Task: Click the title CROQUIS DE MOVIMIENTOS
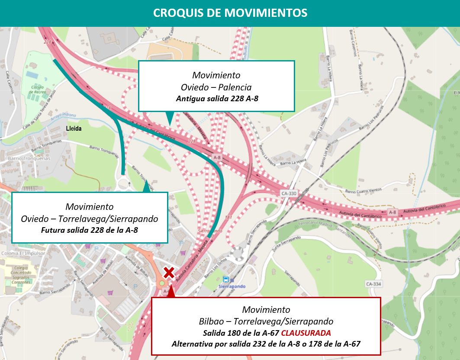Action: pos(230,13)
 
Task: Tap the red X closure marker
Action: pos(169,273)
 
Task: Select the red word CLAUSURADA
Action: pos(306,333)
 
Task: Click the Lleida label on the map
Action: pos(74,129)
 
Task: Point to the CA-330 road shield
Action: pos(289,193)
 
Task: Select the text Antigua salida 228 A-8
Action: pos(217,99)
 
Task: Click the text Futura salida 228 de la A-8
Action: pos(90,230)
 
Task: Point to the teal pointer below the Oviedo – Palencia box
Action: pos(170,117)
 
